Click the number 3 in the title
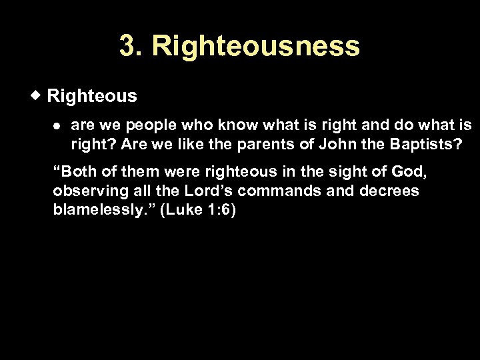[x=127, y=47]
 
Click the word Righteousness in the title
[x=256, y=47]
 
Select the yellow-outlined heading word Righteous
[x=92, y=96]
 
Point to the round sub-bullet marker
[x=57, y=125]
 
